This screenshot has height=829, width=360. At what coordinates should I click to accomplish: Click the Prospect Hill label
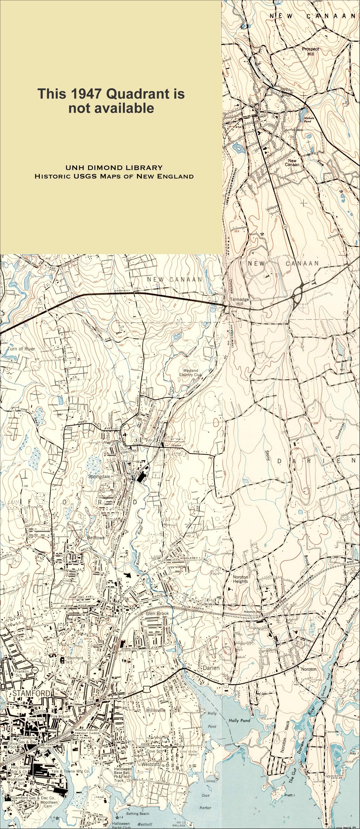coord(310,51)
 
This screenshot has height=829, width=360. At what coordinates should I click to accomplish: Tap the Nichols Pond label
coord(308,120)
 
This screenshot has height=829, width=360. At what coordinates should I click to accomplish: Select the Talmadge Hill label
coord(239,301)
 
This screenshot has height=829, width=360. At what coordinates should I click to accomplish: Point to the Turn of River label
coord(21,348)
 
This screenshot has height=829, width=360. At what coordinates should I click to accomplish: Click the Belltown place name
coord(96,537)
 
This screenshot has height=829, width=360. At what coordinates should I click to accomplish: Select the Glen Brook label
coord(157,613)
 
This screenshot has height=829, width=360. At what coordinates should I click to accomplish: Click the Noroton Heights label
coord(240,579)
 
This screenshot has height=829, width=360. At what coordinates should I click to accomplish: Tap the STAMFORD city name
coord(31,693)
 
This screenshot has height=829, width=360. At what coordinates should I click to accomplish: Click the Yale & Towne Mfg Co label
coord(70,771)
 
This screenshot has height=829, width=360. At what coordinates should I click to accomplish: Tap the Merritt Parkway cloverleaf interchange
coord(298,293)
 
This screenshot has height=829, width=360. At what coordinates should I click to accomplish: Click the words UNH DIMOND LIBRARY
coord(114,168)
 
